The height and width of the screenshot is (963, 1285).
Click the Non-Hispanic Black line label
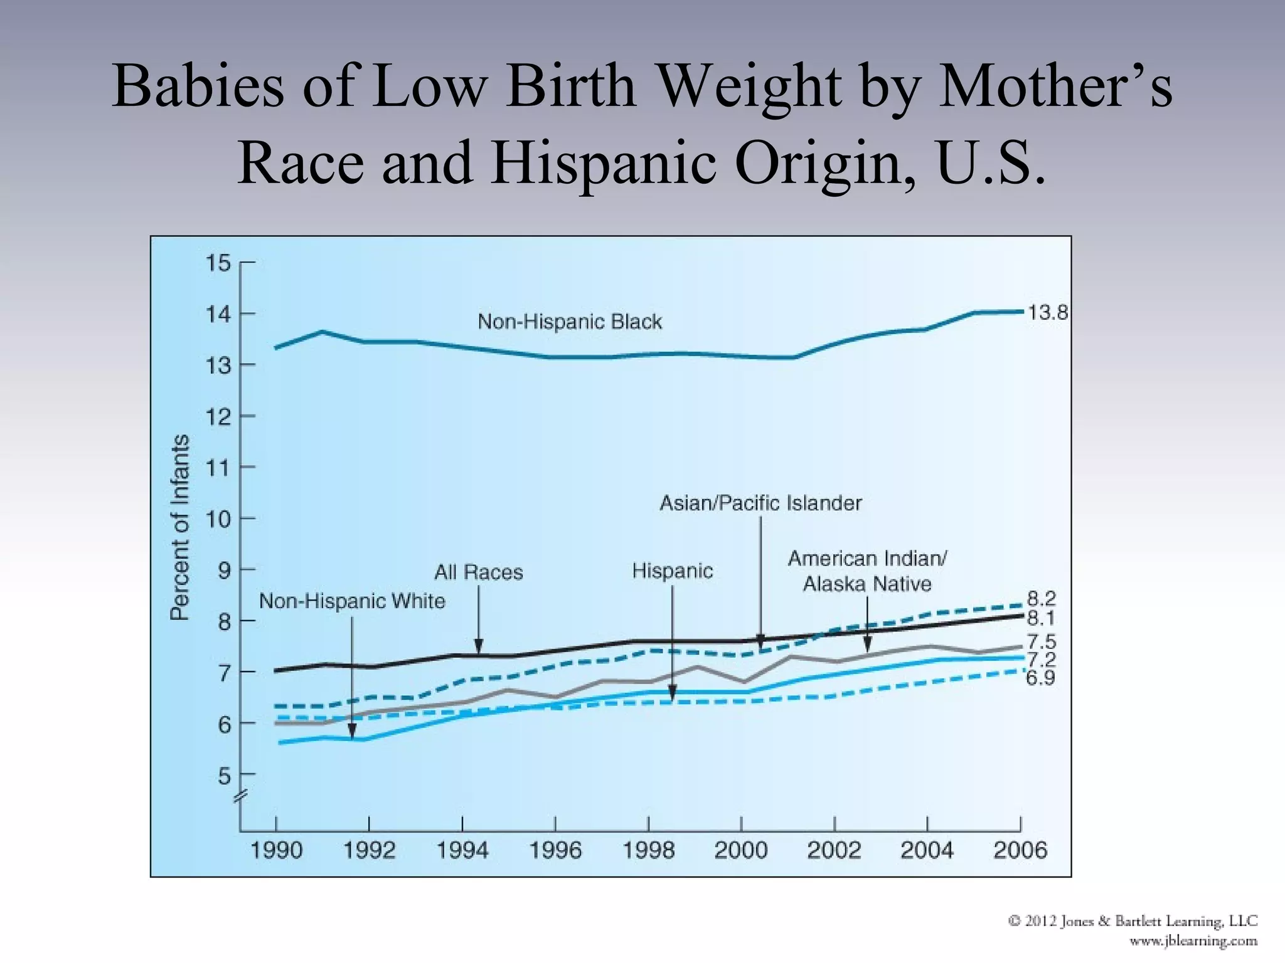point(569,322)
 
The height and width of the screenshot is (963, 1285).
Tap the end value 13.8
point(1047,312)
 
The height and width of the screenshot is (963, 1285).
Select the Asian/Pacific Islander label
point(760,503)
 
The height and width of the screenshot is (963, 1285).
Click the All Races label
point(479,572)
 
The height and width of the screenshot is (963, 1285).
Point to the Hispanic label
point(672,571)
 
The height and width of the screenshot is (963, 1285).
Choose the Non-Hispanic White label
point(352,601)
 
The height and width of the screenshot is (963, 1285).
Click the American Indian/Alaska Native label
point(867,571)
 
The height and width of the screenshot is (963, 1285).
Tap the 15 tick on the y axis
point(218,263)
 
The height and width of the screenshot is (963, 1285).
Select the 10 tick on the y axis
point(218,519)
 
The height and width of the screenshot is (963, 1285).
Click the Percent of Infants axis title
point(179,527)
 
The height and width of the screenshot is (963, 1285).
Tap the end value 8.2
point(1041,598)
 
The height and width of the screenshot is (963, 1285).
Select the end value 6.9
point(1040,678)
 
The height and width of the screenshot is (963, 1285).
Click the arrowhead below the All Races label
point(479,646)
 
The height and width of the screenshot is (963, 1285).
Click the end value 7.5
point(1041,641)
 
